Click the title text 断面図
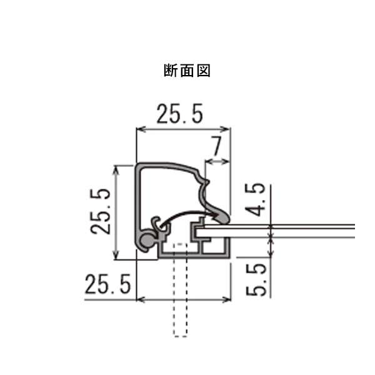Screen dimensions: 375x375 pyautogui.click(x=187, y=71)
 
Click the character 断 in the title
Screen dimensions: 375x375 pyautogui.click(x=171, y=71)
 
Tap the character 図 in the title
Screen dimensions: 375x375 pyautogui.click(x=203, y=71)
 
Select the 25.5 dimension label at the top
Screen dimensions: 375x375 pyautogui.click(x=180, y=114)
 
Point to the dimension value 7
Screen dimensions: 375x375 pyautogui.click(x=216, y=147)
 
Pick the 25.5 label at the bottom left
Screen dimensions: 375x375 pyautogui.click(x=107, y=285)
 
